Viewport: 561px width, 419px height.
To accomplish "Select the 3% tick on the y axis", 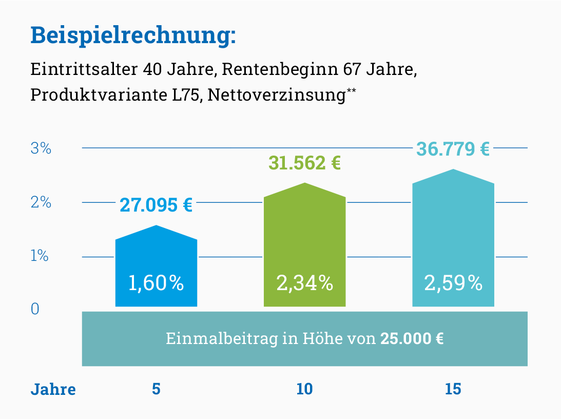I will (41, 149).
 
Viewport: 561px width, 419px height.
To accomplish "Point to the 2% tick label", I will (41, 202).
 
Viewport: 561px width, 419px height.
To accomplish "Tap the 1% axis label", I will (40, 256).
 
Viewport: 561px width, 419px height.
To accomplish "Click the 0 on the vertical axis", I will (35, 309).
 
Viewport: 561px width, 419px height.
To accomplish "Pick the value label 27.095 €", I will (156, 205).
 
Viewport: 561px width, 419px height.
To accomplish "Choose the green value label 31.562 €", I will (305, 163).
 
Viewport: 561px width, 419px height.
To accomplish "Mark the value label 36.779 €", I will (453, 149).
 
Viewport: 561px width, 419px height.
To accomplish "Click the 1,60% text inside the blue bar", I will (156, 283).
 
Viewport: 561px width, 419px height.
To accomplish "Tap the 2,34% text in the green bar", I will (305, 283).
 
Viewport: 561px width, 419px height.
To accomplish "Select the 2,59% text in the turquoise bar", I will (453, 283).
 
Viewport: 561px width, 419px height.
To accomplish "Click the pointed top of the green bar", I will (305, 184).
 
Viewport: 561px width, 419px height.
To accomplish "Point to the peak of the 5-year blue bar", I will (156, 226).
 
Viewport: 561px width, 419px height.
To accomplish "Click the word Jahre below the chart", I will (53, 389).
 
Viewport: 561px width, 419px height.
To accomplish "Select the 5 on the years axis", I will (156, 389).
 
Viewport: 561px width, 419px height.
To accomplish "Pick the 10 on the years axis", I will (304, 389).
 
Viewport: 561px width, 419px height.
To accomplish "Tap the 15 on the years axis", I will (453, 389).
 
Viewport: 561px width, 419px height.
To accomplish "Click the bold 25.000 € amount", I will (412, 339).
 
